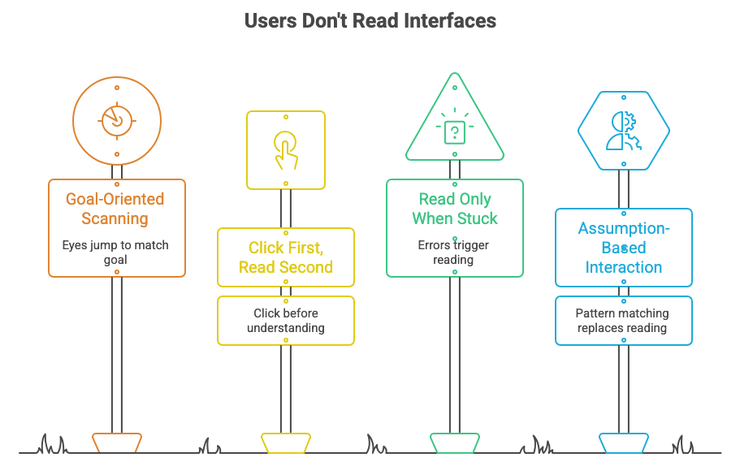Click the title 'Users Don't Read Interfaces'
click(370, 20)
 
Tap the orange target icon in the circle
click(117, 119)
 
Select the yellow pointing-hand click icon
click(285, 149)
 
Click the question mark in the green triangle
click(455, 132)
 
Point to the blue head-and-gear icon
click(623, 130)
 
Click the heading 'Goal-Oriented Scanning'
click(115, 208)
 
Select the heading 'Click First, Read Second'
click(285, 257)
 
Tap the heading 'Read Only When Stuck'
click(454, 208)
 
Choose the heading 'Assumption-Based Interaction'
click(623, 248)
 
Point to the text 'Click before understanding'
click(285, 320)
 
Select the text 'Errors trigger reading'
click(454, 252)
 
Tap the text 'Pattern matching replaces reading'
click(623, 320)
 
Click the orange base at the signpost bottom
click(117, 442)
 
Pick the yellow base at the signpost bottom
click(285, 442)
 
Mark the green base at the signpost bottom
click(455, 442)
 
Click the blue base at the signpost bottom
click(623, 442)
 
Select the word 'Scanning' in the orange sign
click(115, 218)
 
